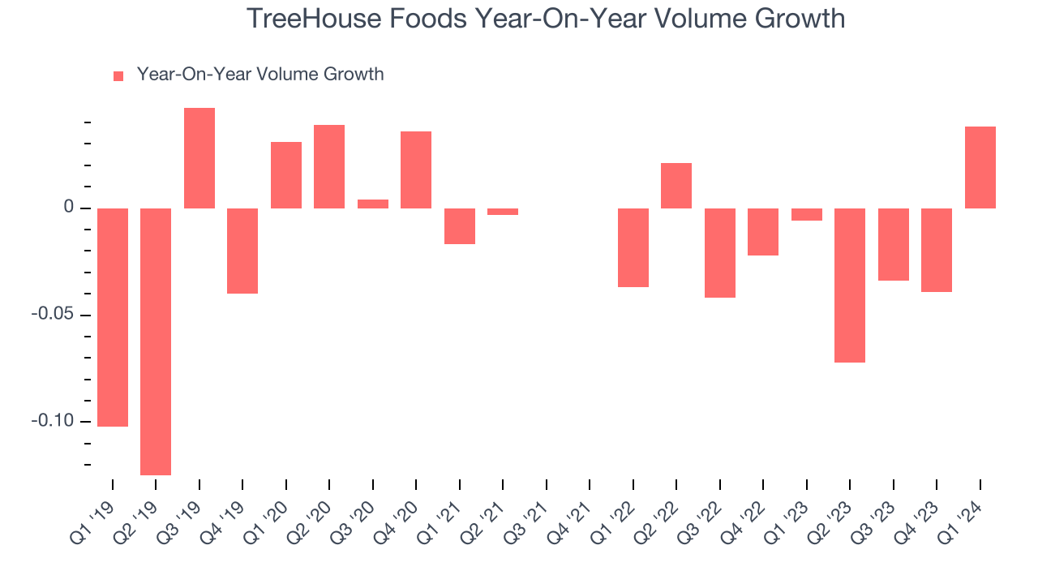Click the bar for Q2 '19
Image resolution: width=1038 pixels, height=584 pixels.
(x=156, y=341)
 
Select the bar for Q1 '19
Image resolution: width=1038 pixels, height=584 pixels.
(x=113, y=316)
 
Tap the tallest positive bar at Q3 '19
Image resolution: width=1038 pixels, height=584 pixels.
(x=199, y=158)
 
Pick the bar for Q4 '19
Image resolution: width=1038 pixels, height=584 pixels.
(x=242, y=251)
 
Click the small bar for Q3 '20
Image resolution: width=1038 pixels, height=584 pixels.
(x=373, y=204)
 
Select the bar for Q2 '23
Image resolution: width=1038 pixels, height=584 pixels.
(x=850, y=285)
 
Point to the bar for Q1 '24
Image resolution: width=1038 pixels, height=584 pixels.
(x=980, y=168)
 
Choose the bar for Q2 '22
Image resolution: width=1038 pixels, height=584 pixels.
(x=676, y=186)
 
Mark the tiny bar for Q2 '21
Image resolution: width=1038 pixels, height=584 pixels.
(x=503, y=212)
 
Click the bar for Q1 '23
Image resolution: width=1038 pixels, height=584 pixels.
(x=807, y=214)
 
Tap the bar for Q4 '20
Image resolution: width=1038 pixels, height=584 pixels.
(x=416, y=170)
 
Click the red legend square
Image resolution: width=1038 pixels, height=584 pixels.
(x=118, y=75)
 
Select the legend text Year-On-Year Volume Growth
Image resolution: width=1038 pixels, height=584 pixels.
(x=260, y=75)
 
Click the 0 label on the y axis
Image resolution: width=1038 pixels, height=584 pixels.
(x=69, y=208)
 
